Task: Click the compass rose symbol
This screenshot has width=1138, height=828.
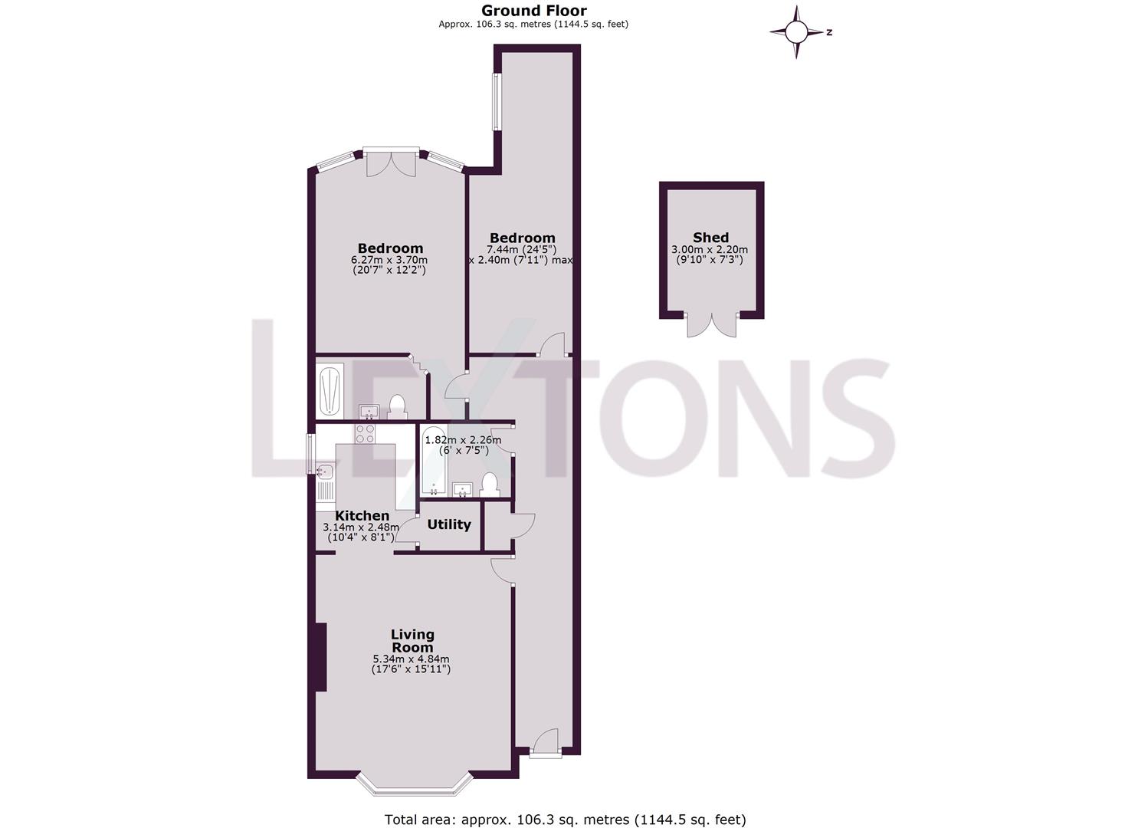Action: point(796,32)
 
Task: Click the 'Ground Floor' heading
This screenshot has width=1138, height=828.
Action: point(533,11)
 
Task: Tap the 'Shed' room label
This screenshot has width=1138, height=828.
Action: point(710,238)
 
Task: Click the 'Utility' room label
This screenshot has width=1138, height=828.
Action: point(448,524)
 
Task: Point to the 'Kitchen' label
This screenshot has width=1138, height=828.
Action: point(362,516)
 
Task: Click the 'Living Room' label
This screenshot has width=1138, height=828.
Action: point(412,641)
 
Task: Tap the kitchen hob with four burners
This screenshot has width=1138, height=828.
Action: point(365,434)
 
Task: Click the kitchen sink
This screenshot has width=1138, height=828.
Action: point(323,472)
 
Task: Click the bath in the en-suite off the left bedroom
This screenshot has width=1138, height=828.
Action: point(330,390)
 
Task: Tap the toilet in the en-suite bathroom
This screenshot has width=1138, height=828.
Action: point(397,406)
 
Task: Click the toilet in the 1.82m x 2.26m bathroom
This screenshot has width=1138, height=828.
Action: point(489,485)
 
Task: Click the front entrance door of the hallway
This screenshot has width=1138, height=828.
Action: point(545,744)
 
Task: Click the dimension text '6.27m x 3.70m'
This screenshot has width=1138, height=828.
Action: point(389,260)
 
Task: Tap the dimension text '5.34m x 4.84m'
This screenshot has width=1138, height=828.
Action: point(411,659)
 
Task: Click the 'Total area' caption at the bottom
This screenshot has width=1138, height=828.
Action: point(565,820)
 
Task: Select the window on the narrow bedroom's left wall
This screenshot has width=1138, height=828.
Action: point(496,102)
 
